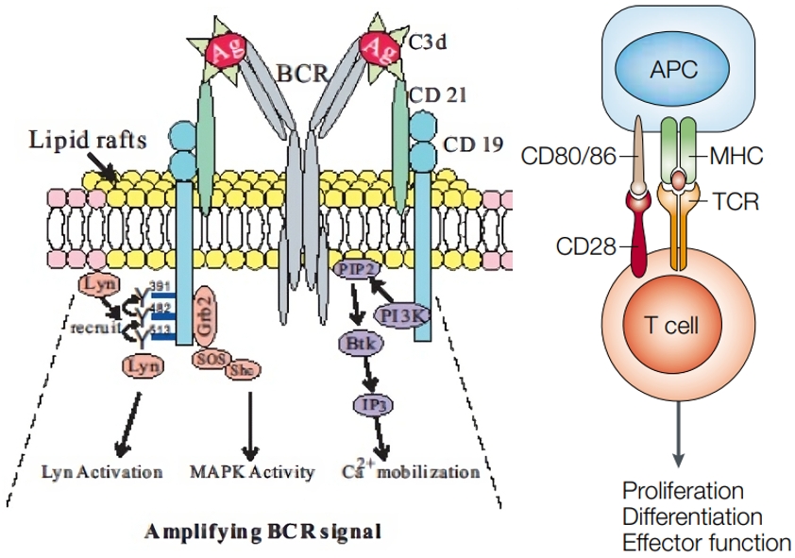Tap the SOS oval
click(x=209, y=358)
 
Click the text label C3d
click(x=431, y=42)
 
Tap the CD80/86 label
click(x=565, y=155)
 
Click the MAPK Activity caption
click(x=250, y=470)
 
